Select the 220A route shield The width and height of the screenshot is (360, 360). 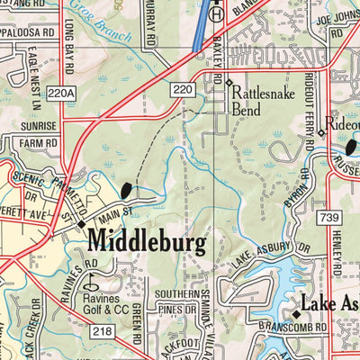[58, 93]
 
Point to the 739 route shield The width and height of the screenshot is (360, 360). [328, 219]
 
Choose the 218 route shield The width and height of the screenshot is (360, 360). [101, 333]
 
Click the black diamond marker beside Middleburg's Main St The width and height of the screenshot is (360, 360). [81, 224]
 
